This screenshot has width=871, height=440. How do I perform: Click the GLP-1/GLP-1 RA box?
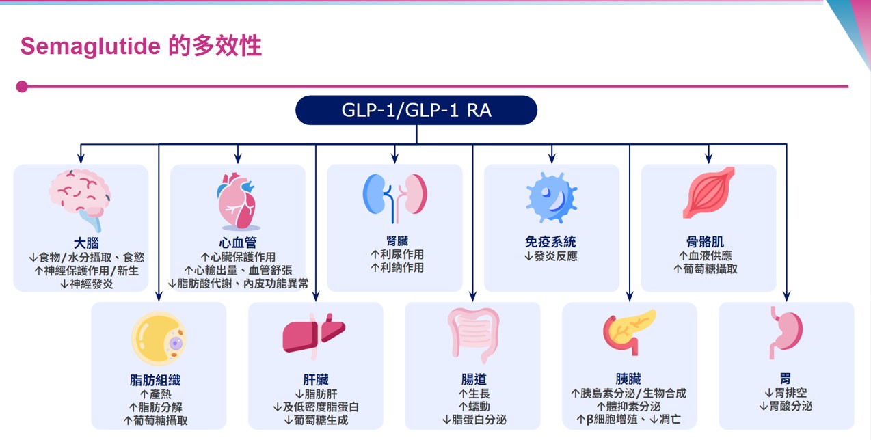coord(416,110)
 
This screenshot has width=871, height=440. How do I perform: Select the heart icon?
coord(237,201)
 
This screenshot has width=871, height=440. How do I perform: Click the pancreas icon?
coord(629,332)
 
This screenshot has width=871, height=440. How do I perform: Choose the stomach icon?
coord(786,332)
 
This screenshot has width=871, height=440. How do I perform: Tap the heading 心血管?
coord(237,243)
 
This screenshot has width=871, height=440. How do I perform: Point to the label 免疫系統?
coord(550,242)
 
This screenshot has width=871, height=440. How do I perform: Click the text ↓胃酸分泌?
coord(786,407)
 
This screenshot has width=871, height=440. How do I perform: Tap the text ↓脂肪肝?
coord(315,394)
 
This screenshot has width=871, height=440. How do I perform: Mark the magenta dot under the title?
coord(22,87)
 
